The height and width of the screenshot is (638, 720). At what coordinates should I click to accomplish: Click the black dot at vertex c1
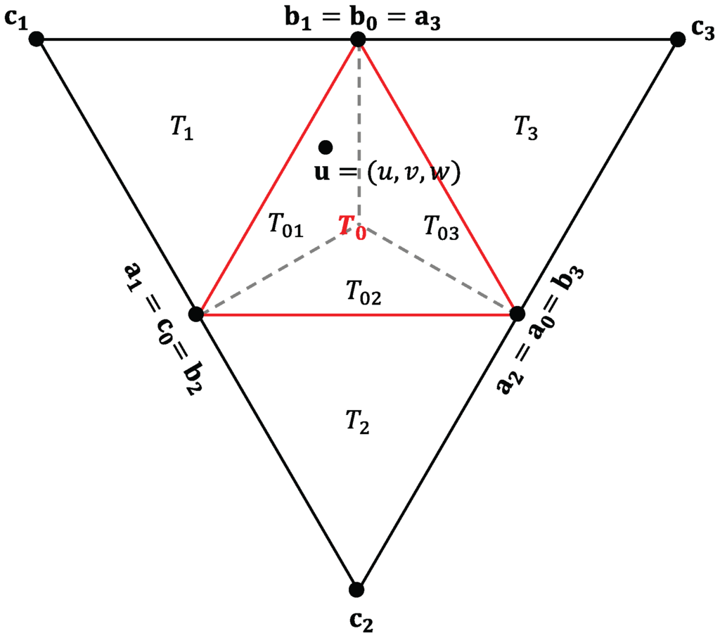coord(37,39)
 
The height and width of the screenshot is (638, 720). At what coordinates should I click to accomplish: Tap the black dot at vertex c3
coord(678,39)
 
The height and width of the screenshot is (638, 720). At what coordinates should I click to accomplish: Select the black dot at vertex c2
coord(356,589)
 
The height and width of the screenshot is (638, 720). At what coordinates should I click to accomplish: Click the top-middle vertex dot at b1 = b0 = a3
coord(358,40)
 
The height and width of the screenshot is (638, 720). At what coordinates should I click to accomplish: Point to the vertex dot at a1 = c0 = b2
coord(197,314)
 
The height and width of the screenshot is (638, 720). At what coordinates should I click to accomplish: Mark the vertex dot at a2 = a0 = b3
coord(517,313)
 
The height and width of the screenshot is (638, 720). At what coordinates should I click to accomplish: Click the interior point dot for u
coord(325,146)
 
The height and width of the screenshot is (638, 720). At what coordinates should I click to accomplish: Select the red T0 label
coord(352,228)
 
